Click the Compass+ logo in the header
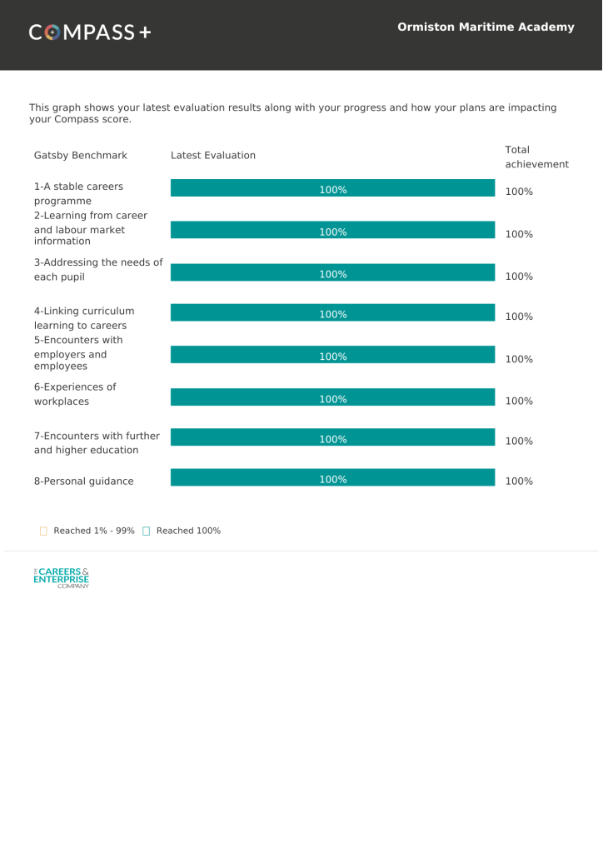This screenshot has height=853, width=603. pos(90,32)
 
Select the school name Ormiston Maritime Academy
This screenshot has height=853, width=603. pos(486,27)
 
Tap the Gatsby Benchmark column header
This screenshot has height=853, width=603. pos(81,156)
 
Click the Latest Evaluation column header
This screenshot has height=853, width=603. pos(213,156)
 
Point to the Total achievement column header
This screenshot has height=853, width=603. pos(536,157)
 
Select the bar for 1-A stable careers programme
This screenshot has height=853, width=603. pos(332,189)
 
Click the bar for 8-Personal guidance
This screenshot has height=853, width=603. pos(332,478)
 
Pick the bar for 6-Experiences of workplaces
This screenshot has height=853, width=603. pos(332,398)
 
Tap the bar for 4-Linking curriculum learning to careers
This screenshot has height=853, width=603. pos(332,313)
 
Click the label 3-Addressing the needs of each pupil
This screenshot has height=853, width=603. pos(98,269)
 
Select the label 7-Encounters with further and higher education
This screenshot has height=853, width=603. pos(97,442)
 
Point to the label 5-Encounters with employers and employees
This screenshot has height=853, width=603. pos(78,353)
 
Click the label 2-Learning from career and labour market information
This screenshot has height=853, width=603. pos(91,228)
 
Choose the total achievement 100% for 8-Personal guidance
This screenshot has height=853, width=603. pos(519,481)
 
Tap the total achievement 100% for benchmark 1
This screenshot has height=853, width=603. pos(519,192)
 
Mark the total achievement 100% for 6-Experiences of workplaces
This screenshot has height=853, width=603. pos(519,401)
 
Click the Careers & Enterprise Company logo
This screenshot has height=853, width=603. pos(61,577)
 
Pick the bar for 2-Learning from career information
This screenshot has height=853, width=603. pos(332,231)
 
